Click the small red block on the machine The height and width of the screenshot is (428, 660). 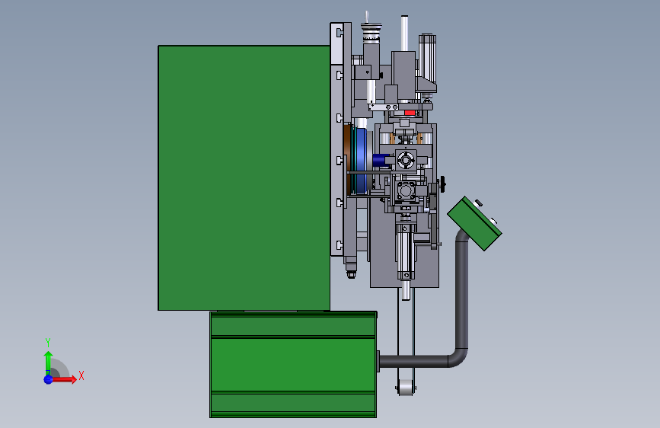tap(410, 113)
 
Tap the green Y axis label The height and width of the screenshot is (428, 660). tap(48, 342)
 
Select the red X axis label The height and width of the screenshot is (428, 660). tap(81, 375)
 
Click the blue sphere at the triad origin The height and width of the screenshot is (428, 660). tap(49, 379)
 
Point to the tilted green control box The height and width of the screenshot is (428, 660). tap(474, 223)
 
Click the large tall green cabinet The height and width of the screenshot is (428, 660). tap(244, 177)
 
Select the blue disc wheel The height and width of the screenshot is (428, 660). tap(361, 160)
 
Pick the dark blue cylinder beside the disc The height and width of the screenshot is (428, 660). tap(381, 160)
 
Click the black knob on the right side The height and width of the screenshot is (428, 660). tap(442, 184)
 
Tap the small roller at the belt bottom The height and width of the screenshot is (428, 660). tap(406, 388)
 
